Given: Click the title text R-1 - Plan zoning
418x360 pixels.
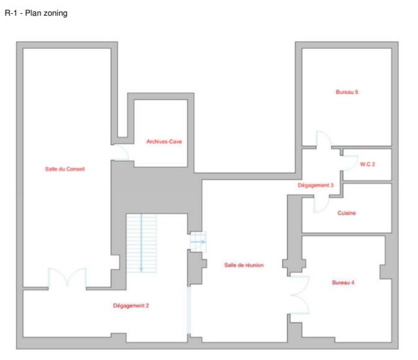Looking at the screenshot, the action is [x=36, y=13].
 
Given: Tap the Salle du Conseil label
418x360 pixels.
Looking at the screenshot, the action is [x=65, y=169].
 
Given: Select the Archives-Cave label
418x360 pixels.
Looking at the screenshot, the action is [x=164, y=142].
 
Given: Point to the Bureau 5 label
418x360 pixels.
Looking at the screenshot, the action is [x=347, y=92].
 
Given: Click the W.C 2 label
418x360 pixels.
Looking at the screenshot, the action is [x=367, y=164].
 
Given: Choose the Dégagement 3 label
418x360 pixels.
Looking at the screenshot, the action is [x=315, y=186].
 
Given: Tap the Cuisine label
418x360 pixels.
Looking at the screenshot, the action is [x=347, y=213].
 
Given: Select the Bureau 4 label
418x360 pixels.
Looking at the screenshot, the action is [x=343, y=282].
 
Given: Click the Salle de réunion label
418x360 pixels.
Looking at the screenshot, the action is [x=244, y=265].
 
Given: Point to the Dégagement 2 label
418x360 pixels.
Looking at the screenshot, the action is [x=131, y=306].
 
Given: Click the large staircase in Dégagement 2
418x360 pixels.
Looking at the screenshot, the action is [x=141, y=243].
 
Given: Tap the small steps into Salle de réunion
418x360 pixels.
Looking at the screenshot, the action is [x=198, y=242].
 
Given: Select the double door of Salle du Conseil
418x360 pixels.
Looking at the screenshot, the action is [x=67, y=278].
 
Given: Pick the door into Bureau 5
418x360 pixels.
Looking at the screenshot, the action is [x=324, y=139].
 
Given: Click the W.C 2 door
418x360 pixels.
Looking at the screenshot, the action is [x=350, y=163].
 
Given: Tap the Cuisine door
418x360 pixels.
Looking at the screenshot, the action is [x=321, y=205].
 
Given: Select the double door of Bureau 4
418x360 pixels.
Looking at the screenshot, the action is [x=300, y=295].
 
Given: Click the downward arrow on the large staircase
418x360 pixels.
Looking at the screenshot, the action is [x=141, y=243].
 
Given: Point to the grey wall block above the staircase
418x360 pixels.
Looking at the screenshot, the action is [x=157, y=191].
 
